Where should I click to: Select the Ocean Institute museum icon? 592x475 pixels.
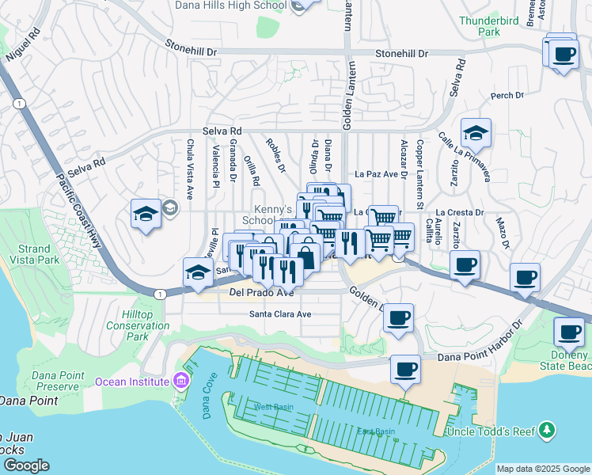coord(181,382)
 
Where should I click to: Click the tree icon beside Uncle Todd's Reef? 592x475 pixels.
coord(547,431)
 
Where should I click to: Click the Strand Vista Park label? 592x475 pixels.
coord(38,254)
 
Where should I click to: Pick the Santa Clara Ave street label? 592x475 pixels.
coord(281,313)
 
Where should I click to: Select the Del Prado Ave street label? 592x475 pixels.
coord(261,293)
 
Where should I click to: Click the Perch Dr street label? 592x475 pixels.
coord(507,96)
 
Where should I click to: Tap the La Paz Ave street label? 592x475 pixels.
coord(376,174)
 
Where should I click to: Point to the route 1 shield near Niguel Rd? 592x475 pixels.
coord(18,103)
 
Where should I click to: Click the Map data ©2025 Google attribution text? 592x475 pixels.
coord(543,469)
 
